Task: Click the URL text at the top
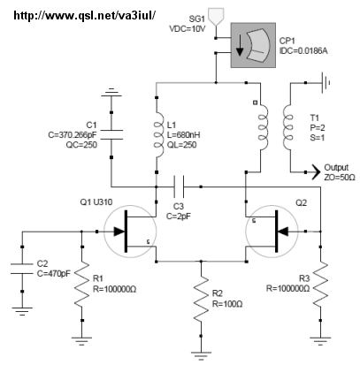(84, 15)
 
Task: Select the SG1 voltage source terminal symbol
(216, 16)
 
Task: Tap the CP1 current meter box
(253, 45)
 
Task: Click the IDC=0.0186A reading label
(303, 50)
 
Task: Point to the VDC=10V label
(187, 29)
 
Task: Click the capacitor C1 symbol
(111, 134)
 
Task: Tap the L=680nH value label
(183, 135)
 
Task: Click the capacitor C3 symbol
(179, 186)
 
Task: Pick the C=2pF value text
(179, 217)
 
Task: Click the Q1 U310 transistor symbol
(130, 232)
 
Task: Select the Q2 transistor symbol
(272, 232)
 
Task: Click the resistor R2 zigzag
(201, 299)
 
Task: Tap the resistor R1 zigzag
(82, 284)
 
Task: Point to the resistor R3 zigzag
(320, 284)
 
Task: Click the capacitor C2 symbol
(22, 269)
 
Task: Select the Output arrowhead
(316, 172)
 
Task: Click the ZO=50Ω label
(340, 178)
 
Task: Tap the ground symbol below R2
(201, 356)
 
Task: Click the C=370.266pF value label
(73, 135)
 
